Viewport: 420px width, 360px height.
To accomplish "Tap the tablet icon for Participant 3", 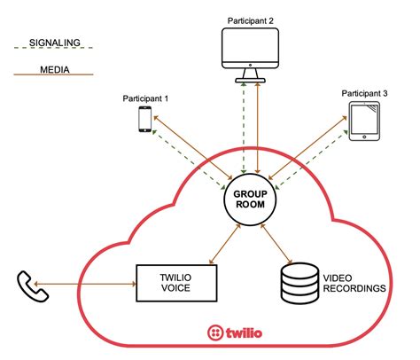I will click(365, 121).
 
